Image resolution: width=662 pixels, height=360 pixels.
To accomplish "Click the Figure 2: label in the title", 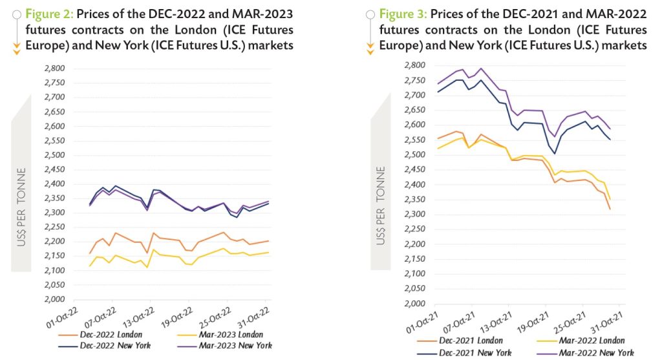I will [51, 14].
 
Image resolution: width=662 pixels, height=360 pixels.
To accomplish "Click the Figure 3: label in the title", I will [404, 14].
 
